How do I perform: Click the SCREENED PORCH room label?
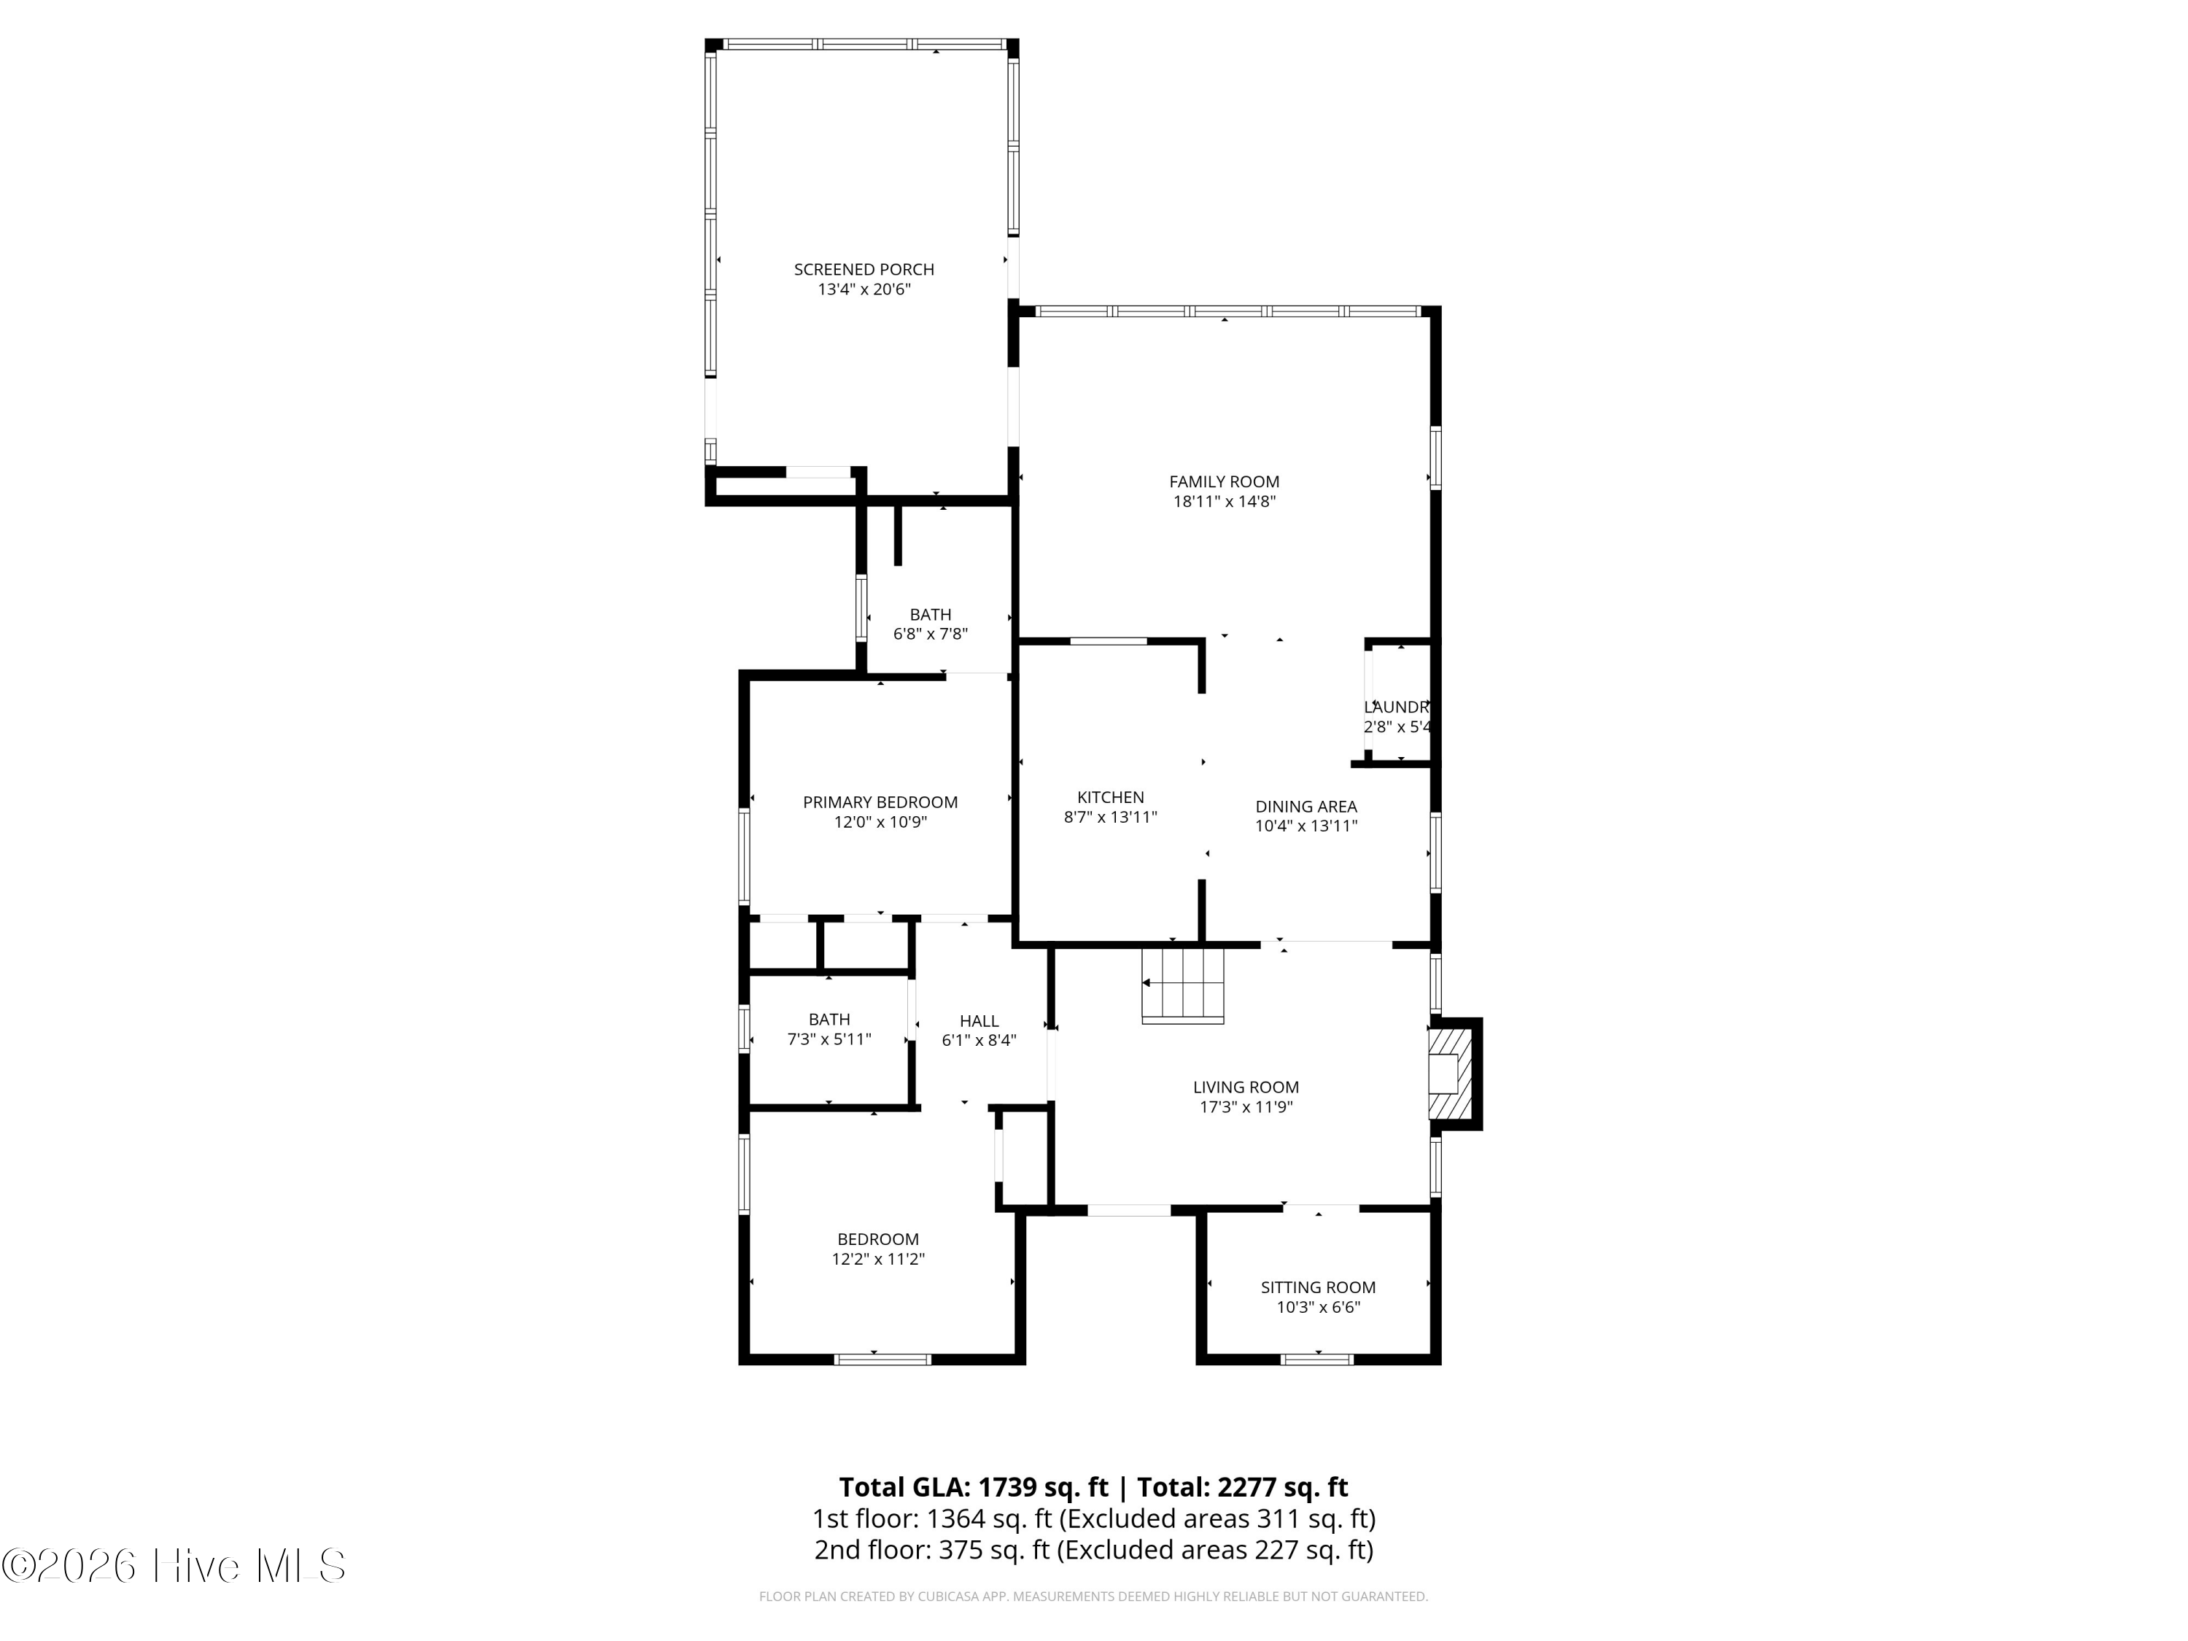tap(864, 269)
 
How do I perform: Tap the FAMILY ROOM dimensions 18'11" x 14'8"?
tap(1224, 502)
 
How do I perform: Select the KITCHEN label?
tap(1110, 797)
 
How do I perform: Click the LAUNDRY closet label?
tap(1397, 707)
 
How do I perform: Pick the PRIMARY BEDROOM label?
tap(880, 802)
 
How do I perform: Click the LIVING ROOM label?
tap(1246, 1087)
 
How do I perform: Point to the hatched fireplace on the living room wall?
tap(1449, 1074)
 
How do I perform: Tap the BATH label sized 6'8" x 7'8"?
tap(930, 614)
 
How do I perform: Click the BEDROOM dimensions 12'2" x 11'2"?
tap(877, 1259)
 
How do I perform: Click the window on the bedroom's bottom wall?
tap(882, 1359)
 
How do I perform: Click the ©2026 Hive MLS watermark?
tap(173, 1566)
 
